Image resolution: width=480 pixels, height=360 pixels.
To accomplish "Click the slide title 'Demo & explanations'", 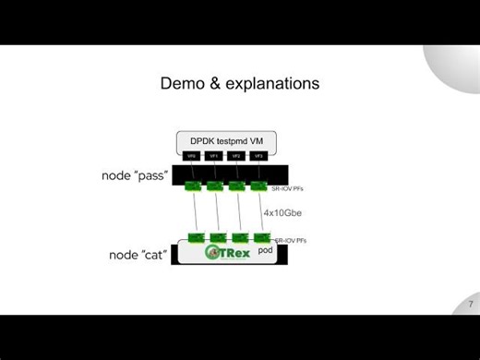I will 240,83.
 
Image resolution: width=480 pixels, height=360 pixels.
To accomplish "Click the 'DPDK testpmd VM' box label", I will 226,140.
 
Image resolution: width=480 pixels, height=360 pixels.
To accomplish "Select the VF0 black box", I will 192,157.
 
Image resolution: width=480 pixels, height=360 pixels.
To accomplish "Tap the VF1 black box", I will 214,157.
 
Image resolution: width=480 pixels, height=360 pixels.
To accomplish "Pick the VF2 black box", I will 237,157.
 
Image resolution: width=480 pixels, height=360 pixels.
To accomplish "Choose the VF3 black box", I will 259,157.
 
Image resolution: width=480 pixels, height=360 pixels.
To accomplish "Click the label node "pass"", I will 135,174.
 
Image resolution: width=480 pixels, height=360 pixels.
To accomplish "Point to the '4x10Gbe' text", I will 282,212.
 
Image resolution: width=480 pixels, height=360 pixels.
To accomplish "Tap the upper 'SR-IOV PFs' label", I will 287,188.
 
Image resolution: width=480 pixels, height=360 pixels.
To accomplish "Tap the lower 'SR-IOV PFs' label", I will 291,240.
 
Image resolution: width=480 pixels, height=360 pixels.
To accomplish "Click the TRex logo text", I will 235,252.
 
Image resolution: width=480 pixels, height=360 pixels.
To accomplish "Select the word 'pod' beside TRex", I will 266,250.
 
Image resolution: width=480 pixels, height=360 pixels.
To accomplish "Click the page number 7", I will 470,305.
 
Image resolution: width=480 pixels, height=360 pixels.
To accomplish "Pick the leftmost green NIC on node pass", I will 192,186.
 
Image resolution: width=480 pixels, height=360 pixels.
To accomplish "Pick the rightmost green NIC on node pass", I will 259,186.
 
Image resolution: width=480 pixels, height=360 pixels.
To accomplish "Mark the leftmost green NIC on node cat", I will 196,237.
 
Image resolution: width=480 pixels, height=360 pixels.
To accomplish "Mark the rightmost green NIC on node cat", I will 262,237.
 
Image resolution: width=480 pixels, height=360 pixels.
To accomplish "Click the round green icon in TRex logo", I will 213,252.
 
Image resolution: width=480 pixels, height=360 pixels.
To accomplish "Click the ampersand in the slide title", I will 207,83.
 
